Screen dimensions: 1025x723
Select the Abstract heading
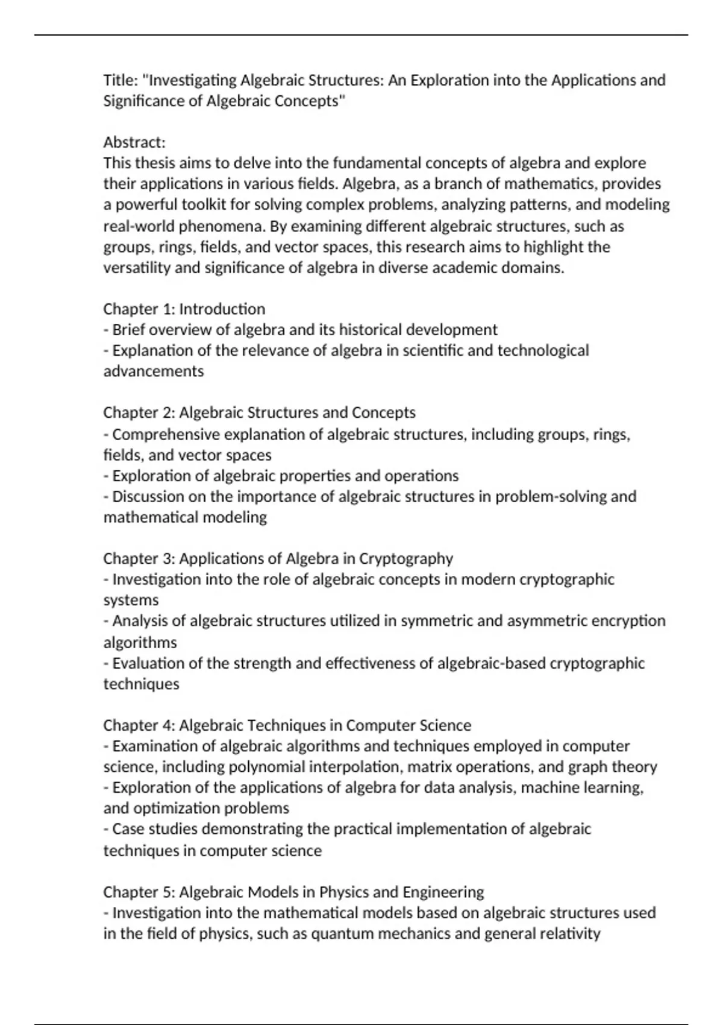(134, 142)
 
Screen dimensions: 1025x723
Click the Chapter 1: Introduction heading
(184, 309)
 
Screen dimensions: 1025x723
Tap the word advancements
(154, 371)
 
